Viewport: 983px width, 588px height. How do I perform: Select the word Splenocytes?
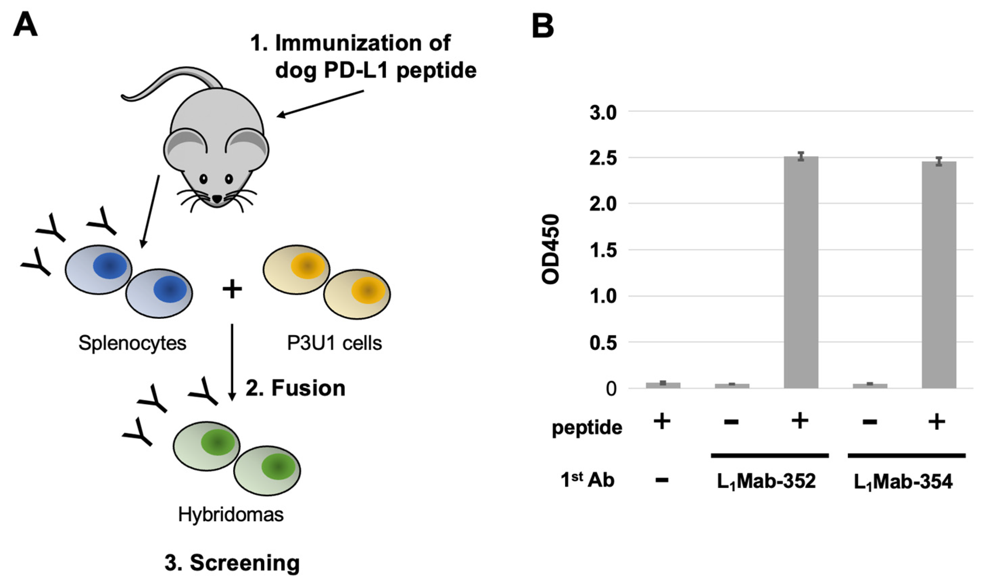132,343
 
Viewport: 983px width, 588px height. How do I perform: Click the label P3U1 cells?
334,343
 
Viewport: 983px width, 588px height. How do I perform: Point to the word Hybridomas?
231,515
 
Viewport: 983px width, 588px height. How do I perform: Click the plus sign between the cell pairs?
232,289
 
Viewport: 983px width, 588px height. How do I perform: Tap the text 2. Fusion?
295,388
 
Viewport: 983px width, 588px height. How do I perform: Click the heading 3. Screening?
232,563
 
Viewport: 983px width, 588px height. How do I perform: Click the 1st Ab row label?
587,480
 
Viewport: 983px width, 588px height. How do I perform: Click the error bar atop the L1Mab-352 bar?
801,156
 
